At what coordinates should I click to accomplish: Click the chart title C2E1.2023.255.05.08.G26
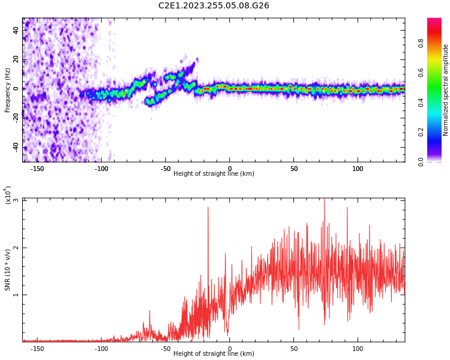tap(214, 5)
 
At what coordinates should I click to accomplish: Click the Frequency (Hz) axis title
tap(8, 90)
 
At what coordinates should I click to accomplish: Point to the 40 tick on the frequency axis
tap(16, 30)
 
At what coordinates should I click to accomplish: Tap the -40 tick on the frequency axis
tap(15, 146)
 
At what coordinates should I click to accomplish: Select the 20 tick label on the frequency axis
tap(16, 59)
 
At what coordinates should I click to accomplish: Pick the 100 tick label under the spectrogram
tap(358, 169)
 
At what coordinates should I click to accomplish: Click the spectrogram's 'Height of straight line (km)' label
tap(214, 174)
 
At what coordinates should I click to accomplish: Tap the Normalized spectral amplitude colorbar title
tap(446, 90)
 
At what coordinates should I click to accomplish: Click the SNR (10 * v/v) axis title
tap(8, 270)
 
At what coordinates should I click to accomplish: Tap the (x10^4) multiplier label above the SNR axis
tap(8, 196)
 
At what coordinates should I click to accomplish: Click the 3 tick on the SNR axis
tap(16, 200)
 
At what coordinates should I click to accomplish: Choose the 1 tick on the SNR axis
tap(16, 295)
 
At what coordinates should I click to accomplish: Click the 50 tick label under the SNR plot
tap(294, 349)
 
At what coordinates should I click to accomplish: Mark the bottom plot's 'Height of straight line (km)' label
tap(214, 354)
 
